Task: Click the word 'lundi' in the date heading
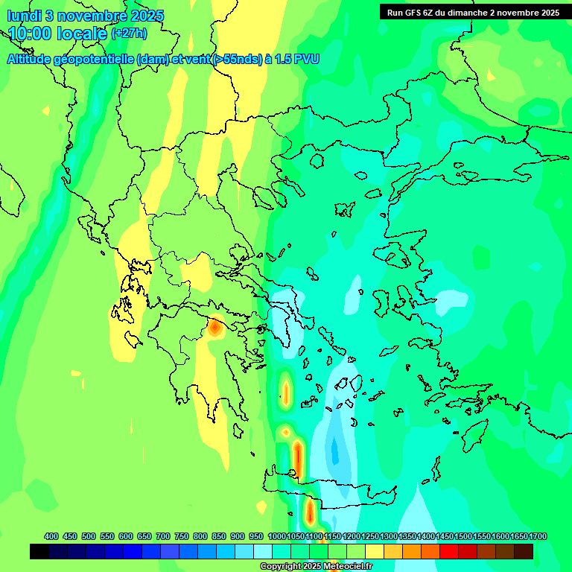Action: coord(25,16)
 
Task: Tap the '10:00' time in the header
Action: coord(31,34)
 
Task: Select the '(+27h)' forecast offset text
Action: coord(129,34)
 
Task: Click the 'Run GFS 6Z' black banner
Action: coord(473,12)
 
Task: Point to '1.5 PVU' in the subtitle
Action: coord(296,59)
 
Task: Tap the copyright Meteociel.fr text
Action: coord(316,567)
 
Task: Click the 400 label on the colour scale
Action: coord(51,536)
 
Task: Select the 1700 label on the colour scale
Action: coord(538,536)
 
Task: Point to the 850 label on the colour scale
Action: coord(219,536)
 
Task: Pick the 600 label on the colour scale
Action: coord(126,536)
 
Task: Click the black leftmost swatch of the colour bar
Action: coord(39,551)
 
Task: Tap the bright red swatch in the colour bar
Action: coord(449,551)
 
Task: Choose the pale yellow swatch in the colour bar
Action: coord(375,551)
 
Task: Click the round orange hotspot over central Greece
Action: coord(215,326)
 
